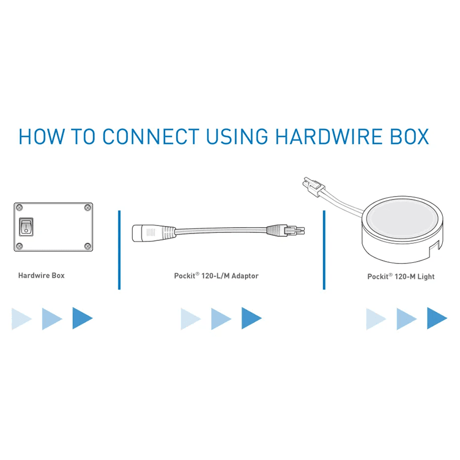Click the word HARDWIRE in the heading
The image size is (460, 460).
pyautogui.click(x=328, y=136)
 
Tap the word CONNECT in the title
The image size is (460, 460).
pyautogui.click(x=151, y=136)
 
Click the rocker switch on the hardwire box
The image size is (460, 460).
pyautogui.click(x=26, y=227)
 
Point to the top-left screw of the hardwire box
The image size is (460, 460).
pyautogui.click(x=20, y=208)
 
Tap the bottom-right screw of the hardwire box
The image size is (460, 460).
pyautogui.click(x=87, y=246)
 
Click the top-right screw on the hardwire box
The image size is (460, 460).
pyautogui.click(x=87, y=208)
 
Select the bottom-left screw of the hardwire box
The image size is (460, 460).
pyautogui.click(x=20, y=246)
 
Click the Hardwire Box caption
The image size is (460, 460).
pyautogui.click(x=41, y=275)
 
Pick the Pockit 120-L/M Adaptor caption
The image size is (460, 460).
pyautogui.click(x=216, y=276)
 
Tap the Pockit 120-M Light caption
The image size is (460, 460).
pyautogui.click(x=401, y=277)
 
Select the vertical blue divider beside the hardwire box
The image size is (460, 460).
pyautogui.click(x=119, y=250)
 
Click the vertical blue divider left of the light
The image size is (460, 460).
pyautogui.click(x=324, y=250)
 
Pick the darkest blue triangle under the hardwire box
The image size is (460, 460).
pyautogui.click(x=82, y=318)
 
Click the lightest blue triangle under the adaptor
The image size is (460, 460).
pyautogui.click(x=191, y=319)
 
